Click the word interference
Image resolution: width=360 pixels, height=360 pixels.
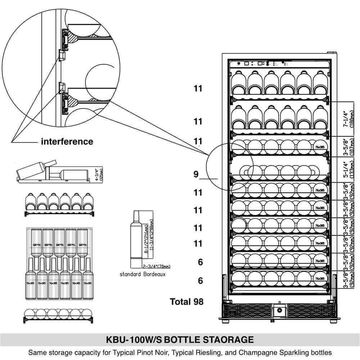click(67, 141)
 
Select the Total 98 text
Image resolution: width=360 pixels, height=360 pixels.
click(186, 302)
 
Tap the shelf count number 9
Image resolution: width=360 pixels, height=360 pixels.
click(196, 175)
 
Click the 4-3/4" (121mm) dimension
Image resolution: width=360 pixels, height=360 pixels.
click(99, 174)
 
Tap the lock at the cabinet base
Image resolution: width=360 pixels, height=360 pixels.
click(279, 311)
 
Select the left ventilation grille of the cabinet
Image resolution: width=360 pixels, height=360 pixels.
click(248, 311)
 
